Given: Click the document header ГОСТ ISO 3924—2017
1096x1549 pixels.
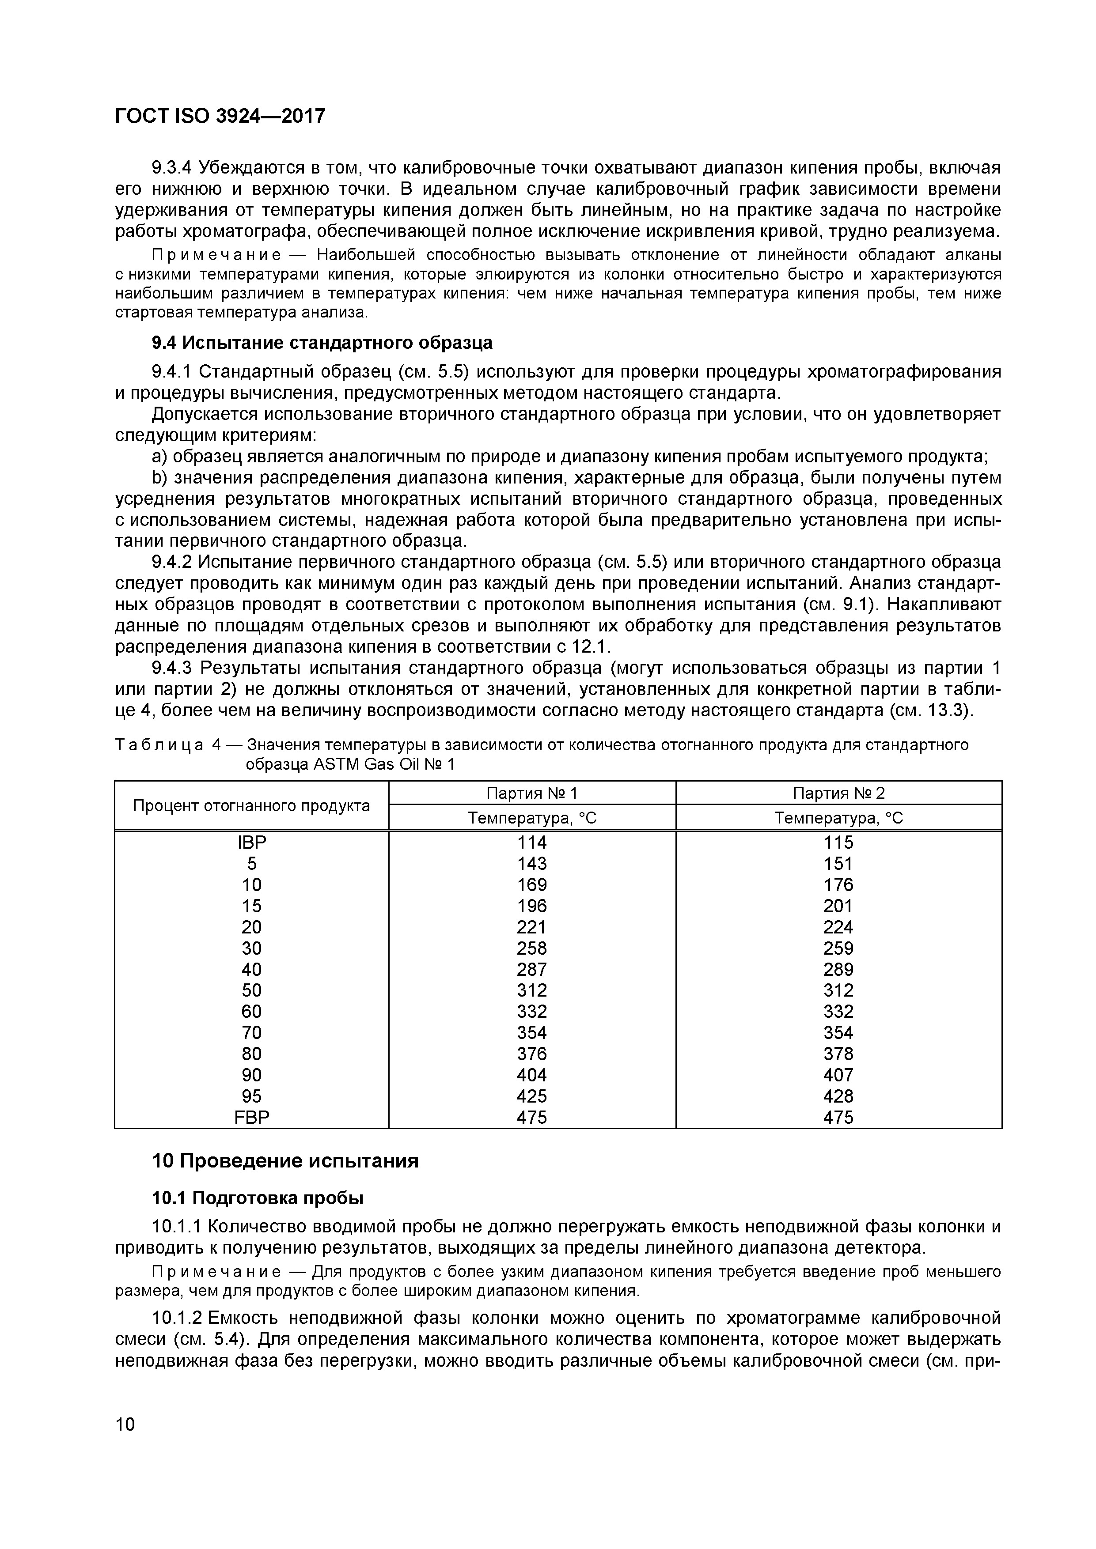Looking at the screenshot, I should click(220, 117).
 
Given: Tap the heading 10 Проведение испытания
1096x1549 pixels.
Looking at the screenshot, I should click(285, 1161).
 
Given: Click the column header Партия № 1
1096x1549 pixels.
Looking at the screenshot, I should click(532, 793).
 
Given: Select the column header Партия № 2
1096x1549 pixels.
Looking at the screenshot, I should click(838, 793).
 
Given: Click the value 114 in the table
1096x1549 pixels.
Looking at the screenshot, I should click(532, 843).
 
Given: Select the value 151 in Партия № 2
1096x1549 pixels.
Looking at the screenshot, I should click(838, 864).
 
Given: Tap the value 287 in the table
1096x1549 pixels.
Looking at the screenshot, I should click(532, 970).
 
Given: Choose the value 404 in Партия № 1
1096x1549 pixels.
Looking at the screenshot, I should click(532, 1075).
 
